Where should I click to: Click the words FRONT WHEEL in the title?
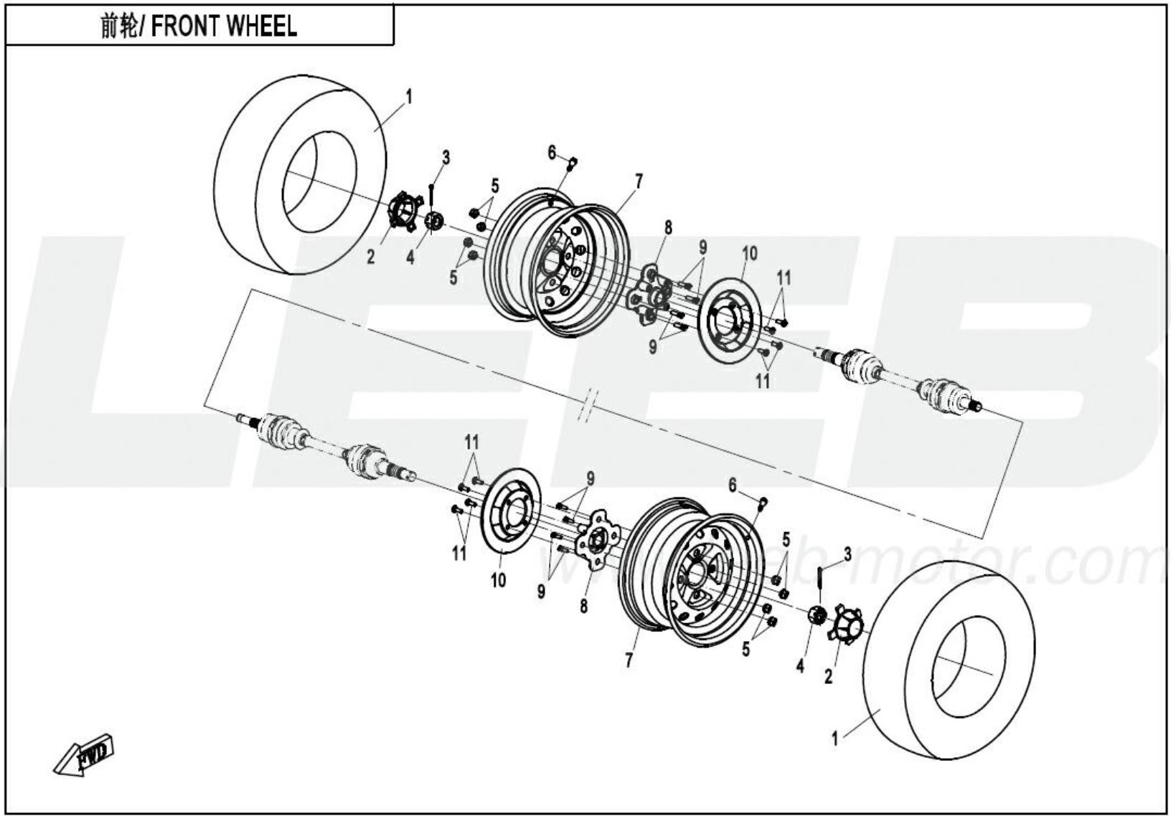tap(224, 27)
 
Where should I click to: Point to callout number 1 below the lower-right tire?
tap(834, 738)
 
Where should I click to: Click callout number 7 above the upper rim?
tap(638, 181)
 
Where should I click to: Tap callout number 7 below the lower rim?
tap(629, 660)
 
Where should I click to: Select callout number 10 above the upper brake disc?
tap(749, 252)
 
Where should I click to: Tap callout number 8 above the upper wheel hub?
tap(668, 227)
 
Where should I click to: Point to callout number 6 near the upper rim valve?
tap(552, 152)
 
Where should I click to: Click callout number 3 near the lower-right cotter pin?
tap(847, 554)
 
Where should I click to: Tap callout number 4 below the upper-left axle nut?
tap(410, 256)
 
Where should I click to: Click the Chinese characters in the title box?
tap(119, 27)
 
